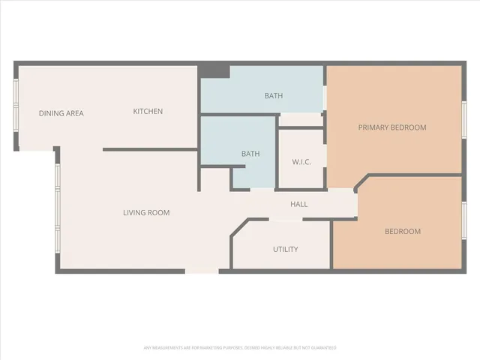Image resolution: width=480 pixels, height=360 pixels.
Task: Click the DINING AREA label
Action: (x=61, y=113)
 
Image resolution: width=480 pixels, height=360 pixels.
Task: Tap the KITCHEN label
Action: (x=148, y=112)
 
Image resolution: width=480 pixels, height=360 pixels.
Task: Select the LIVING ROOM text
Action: (x=146, y=213)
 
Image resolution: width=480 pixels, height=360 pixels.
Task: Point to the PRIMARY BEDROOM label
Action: (x=391, y=127)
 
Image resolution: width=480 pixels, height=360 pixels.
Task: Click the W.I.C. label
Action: (x=301, y=163)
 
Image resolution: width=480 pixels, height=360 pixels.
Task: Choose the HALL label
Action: (x=298, y=204)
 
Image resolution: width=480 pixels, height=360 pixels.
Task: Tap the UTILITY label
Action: (x=286, y=249)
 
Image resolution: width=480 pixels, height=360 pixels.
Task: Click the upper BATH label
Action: (x=273, y=96)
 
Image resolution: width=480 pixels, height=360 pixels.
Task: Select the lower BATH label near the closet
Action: (x=250, y=154)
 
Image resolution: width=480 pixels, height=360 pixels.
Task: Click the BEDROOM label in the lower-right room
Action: (x=403, y=231)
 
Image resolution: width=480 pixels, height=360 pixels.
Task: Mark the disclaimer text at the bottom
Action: (x=240, y=348)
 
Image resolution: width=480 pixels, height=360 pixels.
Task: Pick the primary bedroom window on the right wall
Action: (x=463, y=120)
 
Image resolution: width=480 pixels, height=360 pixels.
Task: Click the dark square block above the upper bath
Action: (x=218, y=71)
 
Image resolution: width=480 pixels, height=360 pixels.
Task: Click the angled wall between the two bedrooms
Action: (x=361, y=183)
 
